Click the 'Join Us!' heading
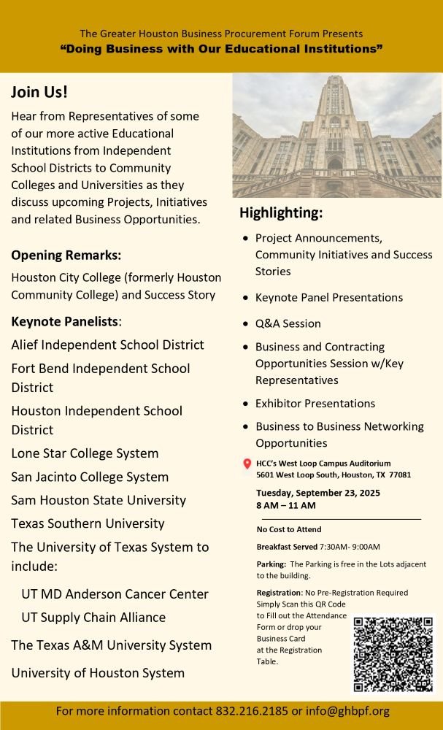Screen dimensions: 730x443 tap(39, 93)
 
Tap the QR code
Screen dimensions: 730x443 tap(393, 654)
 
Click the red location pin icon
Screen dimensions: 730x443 tap(247, 464)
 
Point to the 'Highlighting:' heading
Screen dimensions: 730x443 tap(281, 213)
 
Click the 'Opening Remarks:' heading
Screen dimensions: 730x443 tap(66, 255)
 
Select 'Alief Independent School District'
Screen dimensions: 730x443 tap(107, 345)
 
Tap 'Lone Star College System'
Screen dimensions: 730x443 tap(85, 453)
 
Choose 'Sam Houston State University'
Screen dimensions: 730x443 tap(99, 500)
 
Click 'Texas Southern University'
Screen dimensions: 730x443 tap(88, 523)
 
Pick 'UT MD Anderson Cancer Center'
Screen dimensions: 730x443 tap(115, 594)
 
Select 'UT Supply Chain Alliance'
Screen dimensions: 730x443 tap(93, 618)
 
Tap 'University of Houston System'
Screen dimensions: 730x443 tap(98, 673)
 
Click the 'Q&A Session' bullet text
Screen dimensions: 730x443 tap(288, 323)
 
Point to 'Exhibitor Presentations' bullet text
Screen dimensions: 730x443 tap(315, 404)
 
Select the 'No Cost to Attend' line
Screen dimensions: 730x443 tap(289, 529)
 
